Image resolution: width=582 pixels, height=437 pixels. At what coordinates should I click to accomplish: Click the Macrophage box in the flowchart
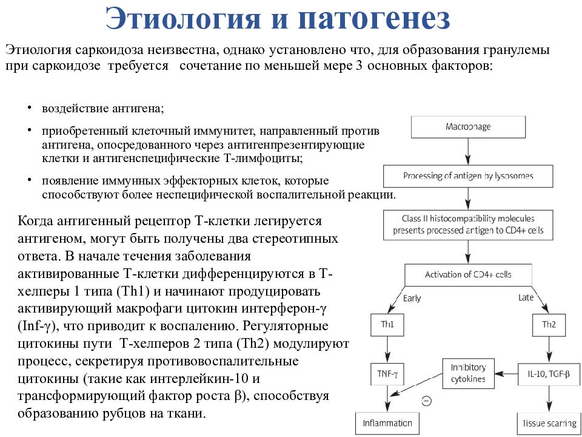pyautogui.click(x=468, y=127)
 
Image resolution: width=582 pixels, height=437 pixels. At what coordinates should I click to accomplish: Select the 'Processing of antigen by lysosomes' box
pyautogui.click(x=468, y=176)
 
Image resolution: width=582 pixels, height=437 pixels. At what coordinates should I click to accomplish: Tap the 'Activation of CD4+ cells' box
pyautogui.click(x=468, y=275)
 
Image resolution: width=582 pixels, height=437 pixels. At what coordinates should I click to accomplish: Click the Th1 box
pyautogui.click(x=387, y=325)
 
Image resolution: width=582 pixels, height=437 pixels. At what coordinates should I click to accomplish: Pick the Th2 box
pyautogui.click(x=549, y=325)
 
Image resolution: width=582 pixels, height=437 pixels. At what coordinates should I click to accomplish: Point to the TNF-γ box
pyautogui.click(x=387, y=374)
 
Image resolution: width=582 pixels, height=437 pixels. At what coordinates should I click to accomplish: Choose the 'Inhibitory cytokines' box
pyautogui.click(x=468, y=373)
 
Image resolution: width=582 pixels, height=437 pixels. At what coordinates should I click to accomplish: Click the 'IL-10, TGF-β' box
pyautogui.click(x=549, y=374)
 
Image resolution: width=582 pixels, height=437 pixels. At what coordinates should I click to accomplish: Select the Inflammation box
pyautogui.click(x=387, y=423)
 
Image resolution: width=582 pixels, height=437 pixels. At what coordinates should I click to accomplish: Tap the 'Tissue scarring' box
pyautogui.click(x=549, y=423)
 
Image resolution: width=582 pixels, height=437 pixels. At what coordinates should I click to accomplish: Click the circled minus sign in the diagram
pyautogui.click(x=427, y=401)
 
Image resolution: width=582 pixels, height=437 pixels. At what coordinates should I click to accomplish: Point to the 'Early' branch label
pyautogui.click(x=412, y=299)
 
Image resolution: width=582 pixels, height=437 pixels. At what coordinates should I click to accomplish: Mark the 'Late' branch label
pyautogui.click(x=526, y=297)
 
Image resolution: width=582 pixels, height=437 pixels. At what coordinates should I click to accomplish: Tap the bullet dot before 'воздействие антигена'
pyautogui.click(x=29, y=107)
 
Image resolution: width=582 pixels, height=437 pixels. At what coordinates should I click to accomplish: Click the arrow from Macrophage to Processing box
pyautogui.click(x=468, y=152)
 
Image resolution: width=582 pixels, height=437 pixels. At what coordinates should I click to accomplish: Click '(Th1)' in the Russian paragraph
pyautogui.click(x=133, y=291)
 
